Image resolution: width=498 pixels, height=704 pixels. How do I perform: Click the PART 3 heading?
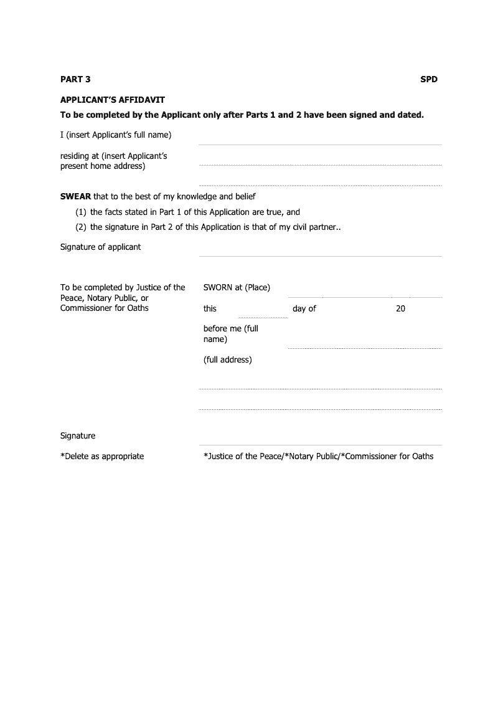[75, 79]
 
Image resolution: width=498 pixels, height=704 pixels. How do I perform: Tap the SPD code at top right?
[429, 79]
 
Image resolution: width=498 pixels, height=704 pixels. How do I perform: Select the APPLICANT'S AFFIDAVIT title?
[112, 100]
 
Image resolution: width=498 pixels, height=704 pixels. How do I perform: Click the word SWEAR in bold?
[75, 196]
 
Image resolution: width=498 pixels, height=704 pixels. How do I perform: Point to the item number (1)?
[81, 212]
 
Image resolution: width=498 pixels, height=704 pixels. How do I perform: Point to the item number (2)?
[81, 227]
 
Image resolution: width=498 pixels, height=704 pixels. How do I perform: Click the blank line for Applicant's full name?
[320, 145]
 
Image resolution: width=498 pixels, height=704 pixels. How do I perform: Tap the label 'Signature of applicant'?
[100, 247]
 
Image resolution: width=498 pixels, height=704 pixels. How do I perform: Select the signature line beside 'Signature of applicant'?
[320, 255]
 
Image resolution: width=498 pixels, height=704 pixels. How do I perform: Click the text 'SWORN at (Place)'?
[237, 287]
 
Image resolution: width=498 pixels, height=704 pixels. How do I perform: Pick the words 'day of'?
[304, 308]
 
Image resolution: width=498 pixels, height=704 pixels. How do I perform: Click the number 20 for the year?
[400, 308]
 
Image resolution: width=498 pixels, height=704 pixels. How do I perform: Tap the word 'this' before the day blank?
[210, 308]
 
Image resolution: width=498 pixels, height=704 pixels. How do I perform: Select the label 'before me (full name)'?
[230, 333]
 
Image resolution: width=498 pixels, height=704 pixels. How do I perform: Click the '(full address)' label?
[227, 359]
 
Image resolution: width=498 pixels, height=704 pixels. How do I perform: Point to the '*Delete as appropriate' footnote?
[102, 456]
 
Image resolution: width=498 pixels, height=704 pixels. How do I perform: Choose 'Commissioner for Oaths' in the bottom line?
[389, 456]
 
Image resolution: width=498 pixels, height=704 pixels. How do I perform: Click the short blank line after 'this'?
[263, 317]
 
